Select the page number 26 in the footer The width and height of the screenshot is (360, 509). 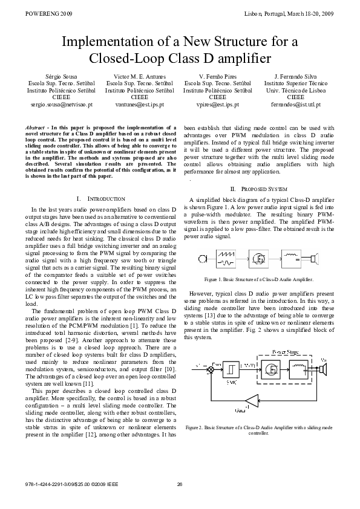(x=180, y=484)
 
